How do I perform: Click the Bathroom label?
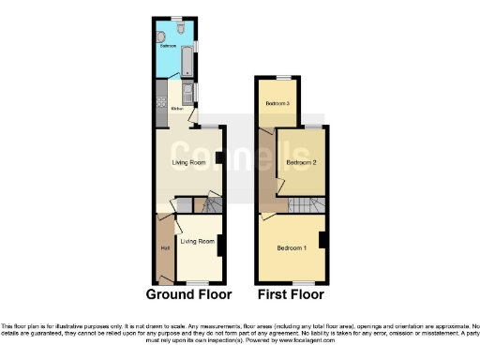click(x=169, y=45)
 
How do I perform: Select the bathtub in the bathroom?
click(x=187, y=64)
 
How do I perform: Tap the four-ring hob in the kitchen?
click(x=161, y=95)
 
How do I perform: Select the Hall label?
click(x=165, y=247)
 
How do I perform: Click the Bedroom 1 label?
click(x=291, y=247)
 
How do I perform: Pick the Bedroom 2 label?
click(x=301, y=162)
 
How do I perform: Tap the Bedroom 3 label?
click(x=277, y=103)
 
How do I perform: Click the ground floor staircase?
click(x=211, y=204)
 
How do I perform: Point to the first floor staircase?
click(x=305, y=206)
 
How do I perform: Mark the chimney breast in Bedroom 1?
click(x=322, y=240)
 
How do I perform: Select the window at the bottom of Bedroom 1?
click(x=302, y=282)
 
